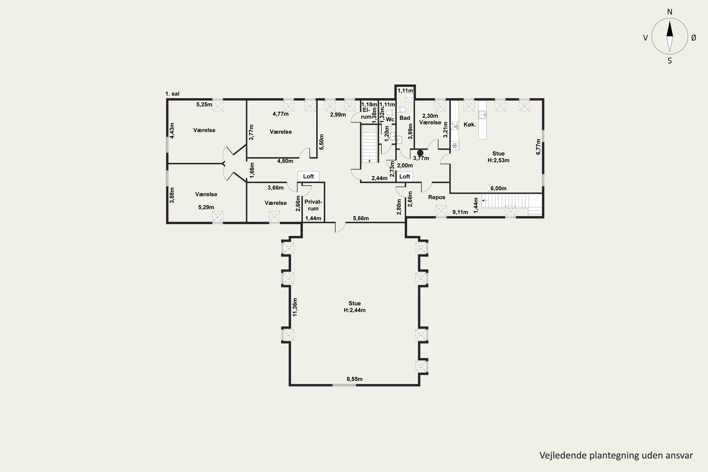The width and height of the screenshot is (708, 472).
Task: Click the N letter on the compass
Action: [670, 12]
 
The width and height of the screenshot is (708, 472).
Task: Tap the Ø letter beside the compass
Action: [694, 38]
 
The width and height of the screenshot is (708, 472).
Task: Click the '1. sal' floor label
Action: [172, 94]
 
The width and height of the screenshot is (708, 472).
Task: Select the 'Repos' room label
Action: [436, 197]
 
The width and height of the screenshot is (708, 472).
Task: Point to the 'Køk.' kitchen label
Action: [470, 124]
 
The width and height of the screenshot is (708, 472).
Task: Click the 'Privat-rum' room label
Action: [313, 205]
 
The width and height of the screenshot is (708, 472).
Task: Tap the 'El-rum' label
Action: [366, 114]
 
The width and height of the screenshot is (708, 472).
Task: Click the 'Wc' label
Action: [390, 119]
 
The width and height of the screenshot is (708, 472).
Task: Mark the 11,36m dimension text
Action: [295, 307]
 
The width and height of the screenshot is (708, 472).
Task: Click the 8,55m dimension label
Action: [355, 379]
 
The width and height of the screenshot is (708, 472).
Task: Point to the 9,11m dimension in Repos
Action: [460, 212]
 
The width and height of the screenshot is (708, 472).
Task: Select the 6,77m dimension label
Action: [538, 147]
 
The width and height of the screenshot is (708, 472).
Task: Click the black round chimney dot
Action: [420, 153]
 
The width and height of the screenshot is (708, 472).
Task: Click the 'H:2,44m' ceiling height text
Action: [355, 310]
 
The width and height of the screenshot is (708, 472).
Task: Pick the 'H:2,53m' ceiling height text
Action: [498, 160]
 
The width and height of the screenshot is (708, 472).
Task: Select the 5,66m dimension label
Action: [361, 218]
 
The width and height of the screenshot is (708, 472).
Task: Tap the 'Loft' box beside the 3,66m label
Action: [308, 176]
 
